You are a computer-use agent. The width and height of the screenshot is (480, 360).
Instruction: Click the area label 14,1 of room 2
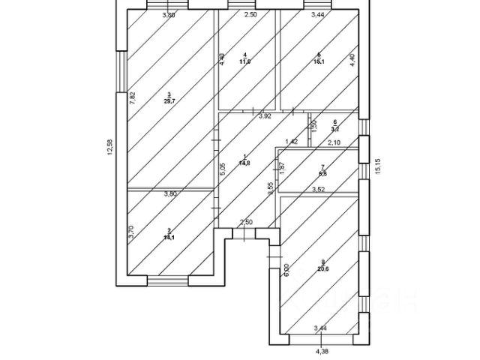[x=169, y=237]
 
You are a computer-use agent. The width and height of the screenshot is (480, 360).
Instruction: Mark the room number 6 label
[x=335, y=121]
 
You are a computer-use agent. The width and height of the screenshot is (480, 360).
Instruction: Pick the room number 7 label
[x=322, y=166]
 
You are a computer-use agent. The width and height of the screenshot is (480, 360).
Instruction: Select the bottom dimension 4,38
[x=322, y=349]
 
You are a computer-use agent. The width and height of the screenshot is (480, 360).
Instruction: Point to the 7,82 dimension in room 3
[x=132, y=96]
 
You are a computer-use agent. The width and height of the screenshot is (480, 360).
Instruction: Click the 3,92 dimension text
[x=265, y=116]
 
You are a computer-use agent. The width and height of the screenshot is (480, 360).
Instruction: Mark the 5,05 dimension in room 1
[x=222, y=170]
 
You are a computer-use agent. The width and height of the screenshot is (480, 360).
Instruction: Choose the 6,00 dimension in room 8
[x=286, y=270]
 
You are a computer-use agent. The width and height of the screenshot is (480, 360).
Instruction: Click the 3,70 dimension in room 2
[x=131, y=232]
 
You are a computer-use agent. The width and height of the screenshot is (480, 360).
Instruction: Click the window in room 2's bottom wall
[x=168, y=281]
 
